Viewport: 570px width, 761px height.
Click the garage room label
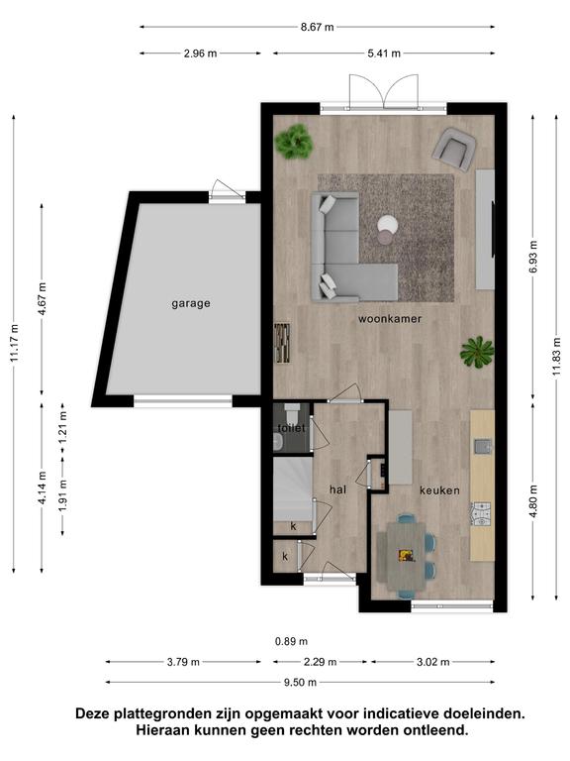(191, 304)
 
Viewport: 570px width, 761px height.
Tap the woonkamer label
(390, 319)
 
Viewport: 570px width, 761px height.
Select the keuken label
(439, 490)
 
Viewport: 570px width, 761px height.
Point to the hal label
(337, 489)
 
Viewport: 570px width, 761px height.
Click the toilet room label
(291, 428)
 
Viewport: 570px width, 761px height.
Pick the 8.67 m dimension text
(317, 27)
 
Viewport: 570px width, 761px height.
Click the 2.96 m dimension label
(200, 54)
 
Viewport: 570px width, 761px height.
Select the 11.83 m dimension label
(556, 357)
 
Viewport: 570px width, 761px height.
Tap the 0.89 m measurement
(291, 642)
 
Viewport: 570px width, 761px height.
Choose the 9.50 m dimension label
(300, 683)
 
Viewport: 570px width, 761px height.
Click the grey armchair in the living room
(453, 149)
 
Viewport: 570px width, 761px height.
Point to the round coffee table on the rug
(387, 229)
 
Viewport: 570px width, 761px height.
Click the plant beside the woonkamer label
(477, 352)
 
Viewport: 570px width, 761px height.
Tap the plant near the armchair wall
(293, 142)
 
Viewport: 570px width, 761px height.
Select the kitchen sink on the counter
(482, 446)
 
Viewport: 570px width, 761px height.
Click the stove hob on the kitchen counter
(481, 514)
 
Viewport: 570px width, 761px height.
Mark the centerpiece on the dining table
(407, 555)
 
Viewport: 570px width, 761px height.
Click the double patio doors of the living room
(383, 91)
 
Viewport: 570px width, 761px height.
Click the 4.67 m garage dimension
(43, 299)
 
